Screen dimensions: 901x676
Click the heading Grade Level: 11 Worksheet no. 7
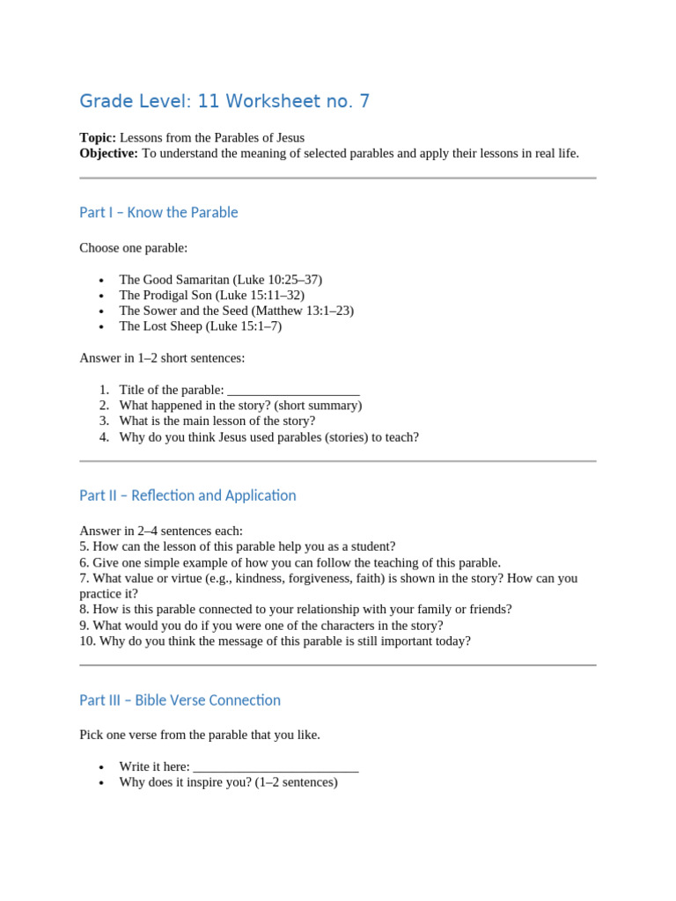(224, 101)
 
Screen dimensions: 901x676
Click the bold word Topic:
(98, 137)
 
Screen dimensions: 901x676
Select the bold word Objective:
(108, 153)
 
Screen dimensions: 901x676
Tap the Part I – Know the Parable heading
(158, 212)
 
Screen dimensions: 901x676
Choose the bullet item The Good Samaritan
(220, 279)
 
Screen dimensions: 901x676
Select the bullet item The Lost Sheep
(200, 326)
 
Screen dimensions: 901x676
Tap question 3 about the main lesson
(217, 421)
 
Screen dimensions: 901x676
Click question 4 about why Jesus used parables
(268, 437)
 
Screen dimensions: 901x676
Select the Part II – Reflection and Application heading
(187, 495)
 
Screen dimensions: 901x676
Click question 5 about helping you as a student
(238, 546)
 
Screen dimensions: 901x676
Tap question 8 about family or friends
(295, 609)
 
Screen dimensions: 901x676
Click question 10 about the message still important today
(275, 641)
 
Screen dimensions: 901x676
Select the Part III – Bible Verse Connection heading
(180, 700)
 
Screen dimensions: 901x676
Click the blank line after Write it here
(276, 766)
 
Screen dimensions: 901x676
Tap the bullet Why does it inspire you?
(228, 781)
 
